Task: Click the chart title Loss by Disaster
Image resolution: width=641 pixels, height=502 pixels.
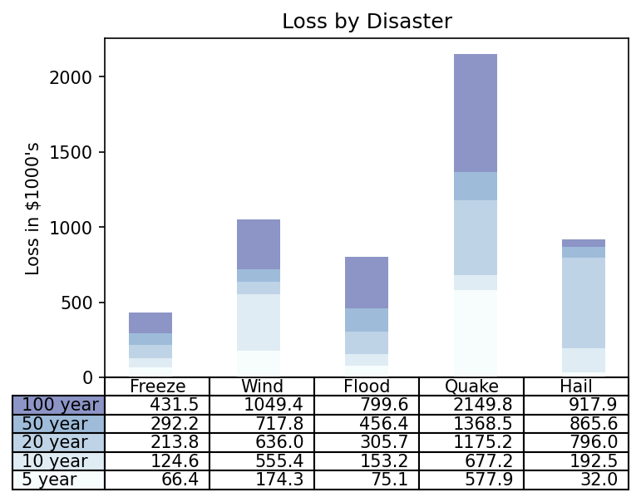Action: coord(367,22)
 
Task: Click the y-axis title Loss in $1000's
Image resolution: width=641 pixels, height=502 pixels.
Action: coord(33,208)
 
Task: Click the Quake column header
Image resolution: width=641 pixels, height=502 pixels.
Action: coord(471,386)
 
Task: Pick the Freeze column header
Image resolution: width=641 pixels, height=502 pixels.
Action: coord(158,386)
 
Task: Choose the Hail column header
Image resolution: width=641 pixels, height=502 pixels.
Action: coord(576,386)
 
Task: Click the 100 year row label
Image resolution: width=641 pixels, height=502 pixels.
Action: coord(60,405)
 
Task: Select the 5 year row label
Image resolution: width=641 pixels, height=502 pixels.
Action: coord(49,480)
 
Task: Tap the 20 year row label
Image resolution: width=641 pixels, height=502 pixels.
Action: coord(55,442)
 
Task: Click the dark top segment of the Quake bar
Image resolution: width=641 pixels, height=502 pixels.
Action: coord(476,113)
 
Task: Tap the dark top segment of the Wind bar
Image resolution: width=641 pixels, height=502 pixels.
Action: coord(259,244)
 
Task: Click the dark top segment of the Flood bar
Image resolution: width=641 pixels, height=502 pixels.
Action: coord(367,283)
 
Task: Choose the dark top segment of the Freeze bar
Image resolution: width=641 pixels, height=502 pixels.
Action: coord(150,322)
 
